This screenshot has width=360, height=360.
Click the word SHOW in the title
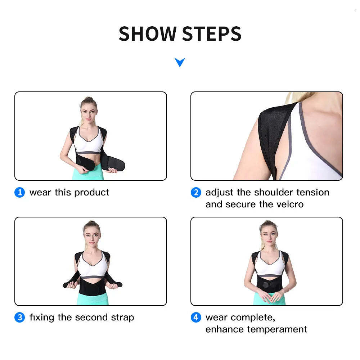tap(148, 34)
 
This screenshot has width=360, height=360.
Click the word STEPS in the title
tap(212, 34)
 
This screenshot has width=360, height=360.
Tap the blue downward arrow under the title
tap(180, 62)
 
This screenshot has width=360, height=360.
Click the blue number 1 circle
tap(19, 193)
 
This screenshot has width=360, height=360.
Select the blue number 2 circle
tap(195, 193)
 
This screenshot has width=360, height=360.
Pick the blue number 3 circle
tap(19, 318)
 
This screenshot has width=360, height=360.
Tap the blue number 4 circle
tap(195, 318)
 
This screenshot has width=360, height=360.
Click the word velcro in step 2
tap(290, 204)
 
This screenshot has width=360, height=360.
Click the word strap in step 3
tap(122, 318)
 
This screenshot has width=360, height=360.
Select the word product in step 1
tap(91, 193)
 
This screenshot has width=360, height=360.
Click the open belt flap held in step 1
tap(113, 165)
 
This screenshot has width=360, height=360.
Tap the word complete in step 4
tap(253, 318)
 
